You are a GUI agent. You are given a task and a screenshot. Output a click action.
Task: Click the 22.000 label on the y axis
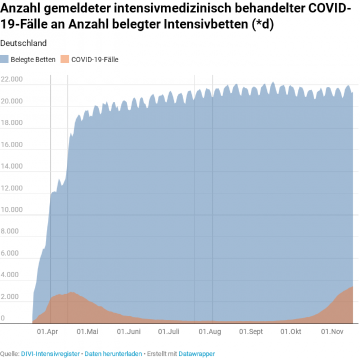11,79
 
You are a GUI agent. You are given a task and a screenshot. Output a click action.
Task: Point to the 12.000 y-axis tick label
11,188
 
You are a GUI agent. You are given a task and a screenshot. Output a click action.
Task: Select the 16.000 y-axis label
11,145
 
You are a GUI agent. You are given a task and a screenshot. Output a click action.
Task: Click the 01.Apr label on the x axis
47,332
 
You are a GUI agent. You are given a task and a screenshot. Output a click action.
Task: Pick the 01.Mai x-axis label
88,332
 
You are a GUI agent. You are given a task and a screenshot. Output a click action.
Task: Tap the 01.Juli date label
169,332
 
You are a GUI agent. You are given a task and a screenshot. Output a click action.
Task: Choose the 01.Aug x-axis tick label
209,332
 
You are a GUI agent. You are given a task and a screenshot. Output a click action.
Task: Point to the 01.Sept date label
251,332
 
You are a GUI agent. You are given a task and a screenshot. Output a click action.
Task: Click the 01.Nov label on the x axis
332,332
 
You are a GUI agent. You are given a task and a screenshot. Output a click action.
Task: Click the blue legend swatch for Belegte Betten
5,59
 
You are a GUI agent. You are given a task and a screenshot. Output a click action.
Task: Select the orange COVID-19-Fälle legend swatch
65,59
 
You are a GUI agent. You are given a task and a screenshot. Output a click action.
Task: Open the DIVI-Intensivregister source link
50,354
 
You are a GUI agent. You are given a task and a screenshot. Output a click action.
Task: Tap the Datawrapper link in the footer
196,354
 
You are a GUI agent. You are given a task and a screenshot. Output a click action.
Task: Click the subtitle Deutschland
24,43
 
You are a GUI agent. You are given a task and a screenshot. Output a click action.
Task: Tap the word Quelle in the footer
9,354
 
